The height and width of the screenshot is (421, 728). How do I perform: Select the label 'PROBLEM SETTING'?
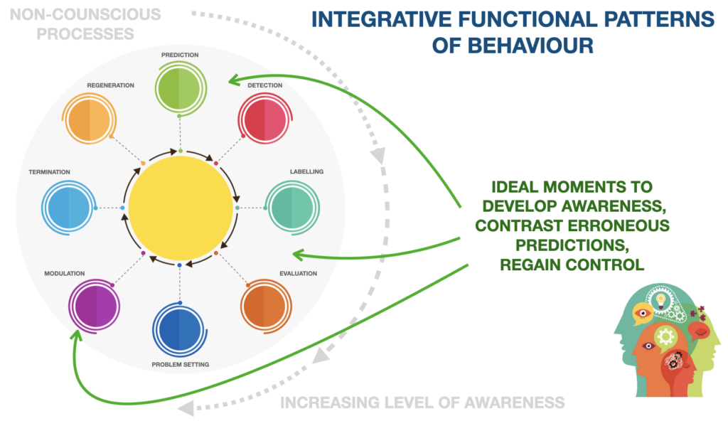[180, 365]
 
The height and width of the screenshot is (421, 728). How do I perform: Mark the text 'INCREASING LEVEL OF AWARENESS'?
[422, 403]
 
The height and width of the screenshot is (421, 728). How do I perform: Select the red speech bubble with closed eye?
[700, 331]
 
